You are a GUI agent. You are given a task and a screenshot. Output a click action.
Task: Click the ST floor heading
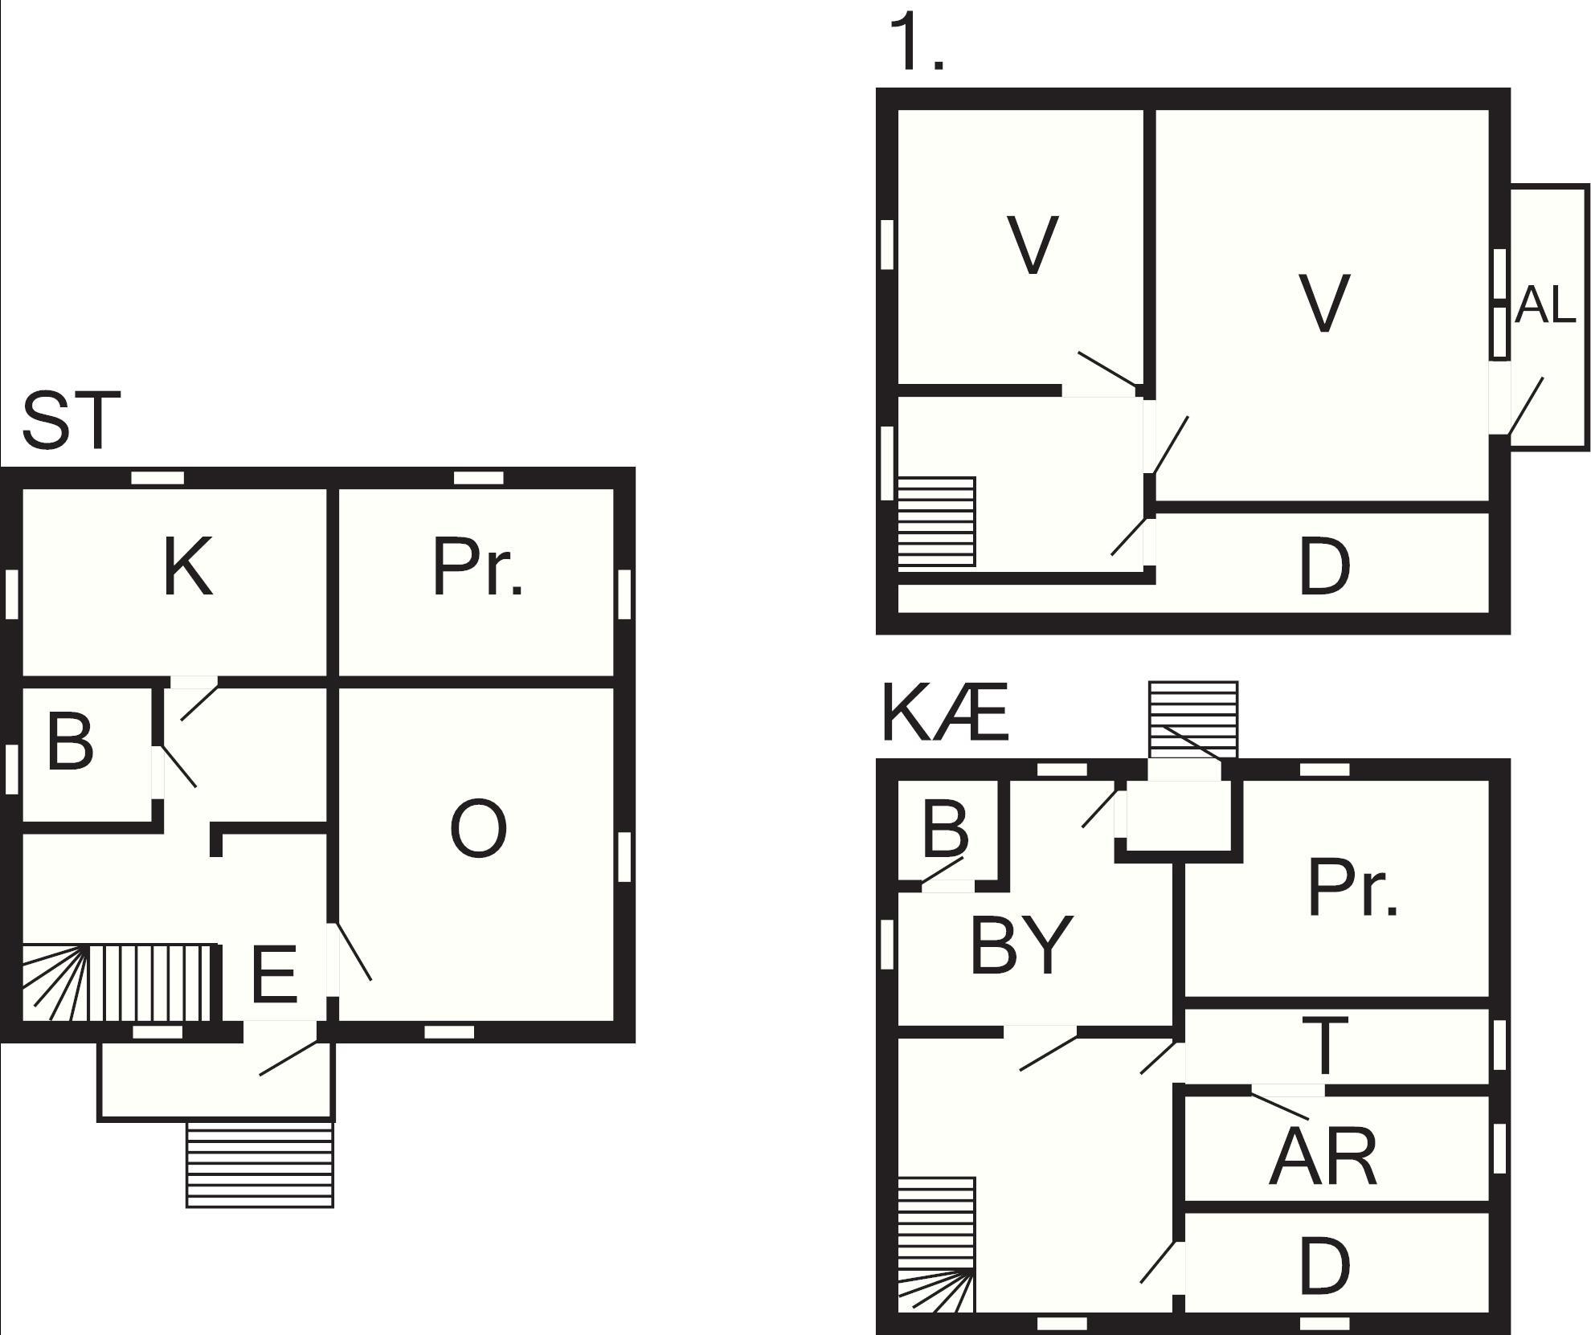72,420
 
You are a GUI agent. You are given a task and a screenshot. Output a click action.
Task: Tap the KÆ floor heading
945,712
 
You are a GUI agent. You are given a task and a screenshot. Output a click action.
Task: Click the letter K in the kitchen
188,567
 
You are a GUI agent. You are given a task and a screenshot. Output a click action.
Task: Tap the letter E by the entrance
274,974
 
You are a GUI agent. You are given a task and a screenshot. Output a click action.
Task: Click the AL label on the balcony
1544,306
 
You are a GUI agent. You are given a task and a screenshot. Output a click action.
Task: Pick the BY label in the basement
1021,945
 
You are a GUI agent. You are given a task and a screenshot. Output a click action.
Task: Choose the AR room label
1323,1157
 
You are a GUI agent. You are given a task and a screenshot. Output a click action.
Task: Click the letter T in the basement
1324,1046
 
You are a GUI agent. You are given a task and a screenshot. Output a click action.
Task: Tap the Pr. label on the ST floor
477,567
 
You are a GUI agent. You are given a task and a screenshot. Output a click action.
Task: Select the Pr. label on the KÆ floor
1353,887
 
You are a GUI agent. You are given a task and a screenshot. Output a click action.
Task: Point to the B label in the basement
945,828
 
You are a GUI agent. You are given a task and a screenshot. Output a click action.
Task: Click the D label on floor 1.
1324,567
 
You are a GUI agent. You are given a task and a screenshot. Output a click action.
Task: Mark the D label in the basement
1324,1267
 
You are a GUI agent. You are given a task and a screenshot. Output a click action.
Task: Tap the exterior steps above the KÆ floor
1193,720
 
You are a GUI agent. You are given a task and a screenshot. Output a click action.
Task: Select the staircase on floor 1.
936,522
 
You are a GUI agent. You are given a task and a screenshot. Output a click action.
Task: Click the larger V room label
1324,303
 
